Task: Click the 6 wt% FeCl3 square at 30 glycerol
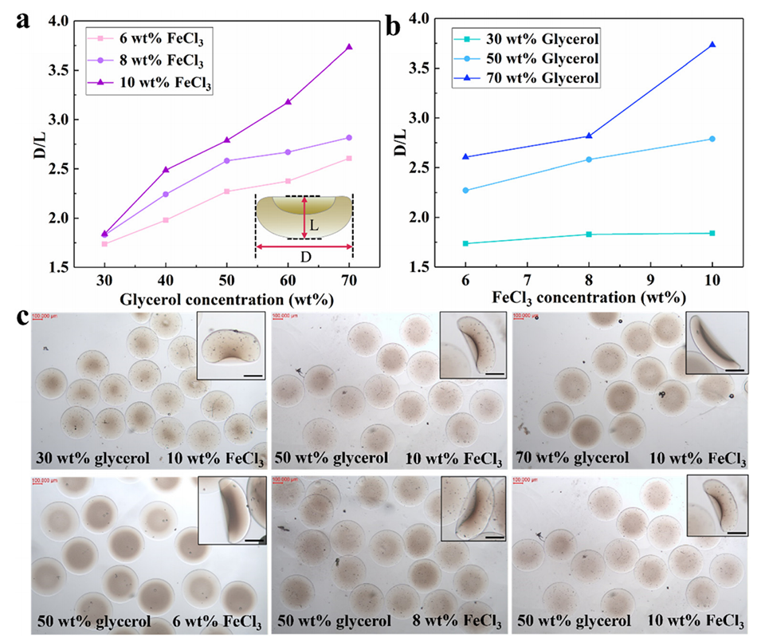pos(104,243)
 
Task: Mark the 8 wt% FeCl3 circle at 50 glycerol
pos(227,160)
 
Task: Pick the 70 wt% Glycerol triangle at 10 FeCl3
pos(712,45)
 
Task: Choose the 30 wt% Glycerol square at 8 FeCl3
pos(590,234)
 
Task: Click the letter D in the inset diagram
pos(304,258)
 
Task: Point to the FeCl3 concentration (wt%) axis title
pos(588,297)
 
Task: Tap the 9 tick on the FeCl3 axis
pos(651,279)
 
